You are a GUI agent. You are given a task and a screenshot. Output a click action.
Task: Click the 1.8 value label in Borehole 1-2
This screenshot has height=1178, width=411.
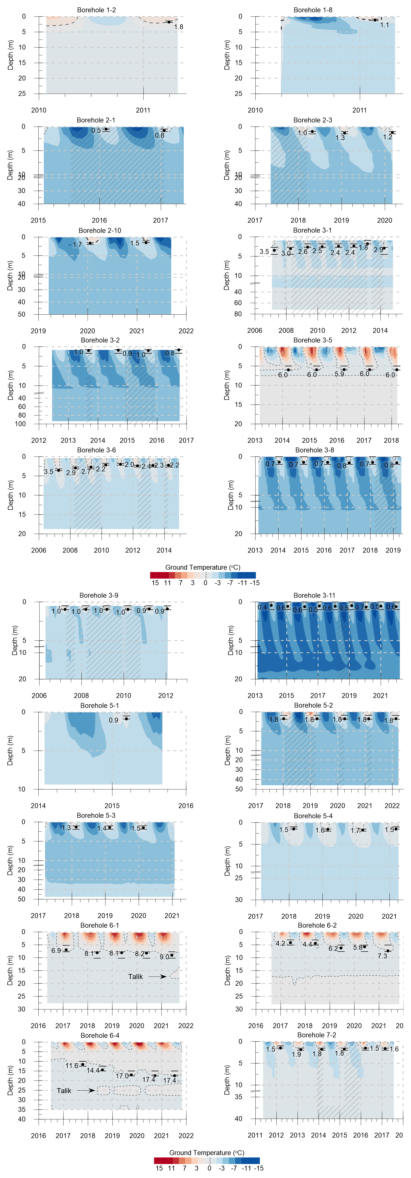(178, 27)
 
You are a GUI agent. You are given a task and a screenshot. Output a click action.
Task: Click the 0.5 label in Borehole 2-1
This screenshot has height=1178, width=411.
(96, 131)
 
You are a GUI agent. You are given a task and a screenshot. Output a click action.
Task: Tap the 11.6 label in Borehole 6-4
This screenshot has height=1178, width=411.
(72, 1066)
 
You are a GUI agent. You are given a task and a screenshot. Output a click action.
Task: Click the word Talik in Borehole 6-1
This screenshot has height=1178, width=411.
(135, 976)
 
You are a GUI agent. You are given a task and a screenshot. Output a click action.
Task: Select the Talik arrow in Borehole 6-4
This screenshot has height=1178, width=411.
(86, 1090)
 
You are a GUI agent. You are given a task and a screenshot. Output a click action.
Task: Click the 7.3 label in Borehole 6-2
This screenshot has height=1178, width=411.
(382, 956)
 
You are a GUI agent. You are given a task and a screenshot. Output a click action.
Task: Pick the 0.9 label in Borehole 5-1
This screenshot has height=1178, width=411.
(113, 720)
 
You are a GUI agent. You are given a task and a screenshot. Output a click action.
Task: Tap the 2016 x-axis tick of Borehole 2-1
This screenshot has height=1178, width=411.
(99, 220)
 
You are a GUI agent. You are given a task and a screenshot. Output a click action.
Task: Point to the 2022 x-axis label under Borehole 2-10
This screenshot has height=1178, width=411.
(186, 331)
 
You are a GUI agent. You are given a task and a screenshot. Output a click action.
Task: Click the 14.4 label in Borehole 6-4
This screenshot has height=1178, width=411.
(93, 1071)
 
